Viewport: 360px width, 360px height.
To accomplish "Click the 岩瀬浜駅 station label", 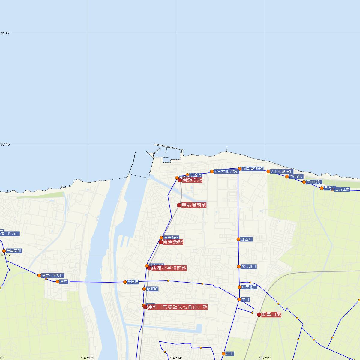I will point(192,180).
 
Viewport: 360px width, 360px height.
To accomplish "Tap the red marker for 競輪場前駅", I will point(179,205).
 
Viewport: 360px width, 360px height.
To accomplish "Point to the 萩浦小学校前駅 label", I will point(169,268).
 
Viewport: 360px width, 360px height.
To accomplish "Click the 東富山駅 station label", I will point(271,314).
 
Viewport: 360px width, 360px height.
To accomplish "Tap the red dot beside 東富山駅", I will point(259,315).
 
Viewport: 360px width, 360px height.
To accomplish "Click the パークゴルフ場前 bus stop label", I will point(226,172).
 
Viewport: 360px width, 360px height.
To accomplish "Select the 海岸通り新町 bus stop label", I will point(253,169).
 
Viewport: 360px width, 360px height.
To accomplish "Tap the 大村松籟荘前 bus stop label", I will point(281,172).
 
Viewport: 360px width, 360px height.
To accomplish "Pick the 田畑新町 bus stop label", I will point(314,182).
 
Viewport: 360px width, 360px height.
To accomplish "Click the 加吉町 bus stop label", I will point(247,239).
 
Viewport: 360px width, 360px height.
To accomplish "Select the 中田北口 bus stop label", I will point(249,287).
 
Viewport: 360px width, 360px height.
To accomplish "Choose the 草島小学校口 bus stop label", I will point(53,276).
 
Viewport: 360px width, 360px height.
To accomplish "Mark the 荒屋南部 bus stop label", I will point(14,251).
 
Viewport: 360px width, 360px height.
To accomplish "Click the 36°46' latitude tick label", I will point(5,144).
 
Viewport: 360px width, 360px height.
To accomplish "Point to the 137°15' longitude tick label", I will point(265,358).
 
